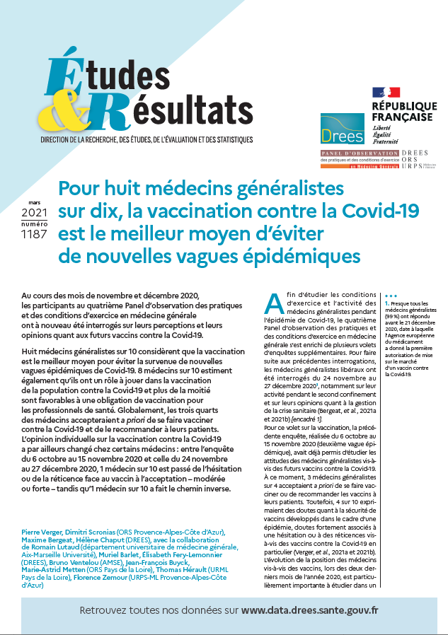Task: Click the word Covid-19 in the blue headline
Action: tap(382, 210)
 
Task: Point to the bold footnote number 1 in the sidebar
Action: tap(387, 303)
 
